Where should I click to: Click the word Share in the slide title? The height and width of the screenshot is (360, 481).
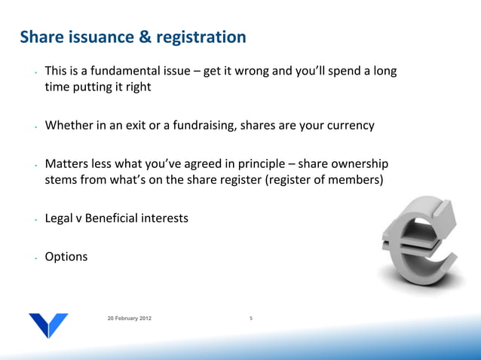41,37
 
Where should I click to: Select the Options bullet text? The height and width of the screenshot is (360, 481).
66,257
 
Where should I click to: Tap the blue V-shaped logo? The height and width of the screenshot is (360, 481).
49,325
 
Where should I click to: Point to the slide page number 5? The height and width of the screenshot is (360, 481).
251,319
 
